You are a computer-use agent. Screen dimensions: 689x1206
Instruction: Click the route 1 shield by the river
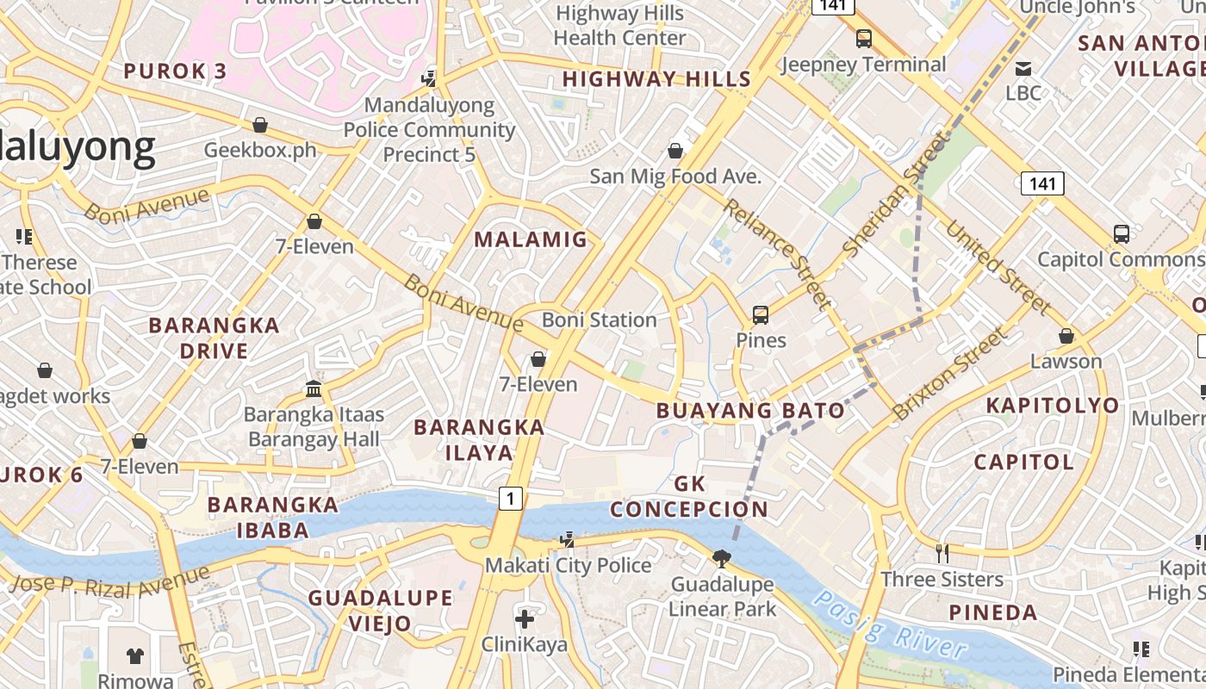511,498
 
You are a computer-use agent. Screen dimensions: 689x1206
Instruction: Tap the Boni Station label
599,320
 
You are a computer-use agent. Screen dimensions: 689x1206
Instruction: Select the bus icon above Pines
760,315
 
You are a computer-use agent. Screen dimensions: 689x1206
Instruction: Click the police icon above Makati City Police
567,540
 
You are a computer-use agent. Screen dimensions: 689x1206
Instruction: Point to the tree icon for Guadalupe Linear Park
722,559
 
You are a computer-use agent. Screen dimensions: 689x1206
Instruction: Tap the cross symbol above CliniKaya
525,618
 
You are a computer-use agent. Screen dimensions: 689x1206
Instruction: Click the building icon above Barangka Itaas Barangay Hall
314,389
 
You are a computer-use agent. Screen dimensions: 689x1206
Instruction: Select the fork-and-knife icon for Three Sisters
942,553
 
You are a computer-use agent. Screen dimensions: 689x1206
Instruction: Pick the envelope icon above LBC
1023,68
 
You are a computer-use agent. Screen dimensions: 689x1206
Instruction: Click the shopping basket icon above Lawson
1066,336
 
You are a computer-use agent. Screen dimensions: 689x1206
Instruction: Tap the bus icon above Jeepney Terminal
863,39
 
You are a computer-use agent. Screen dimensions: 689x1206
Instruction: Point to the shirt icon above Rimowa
135,655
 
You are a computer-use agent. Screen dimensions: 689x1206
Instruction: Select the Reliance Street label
777,253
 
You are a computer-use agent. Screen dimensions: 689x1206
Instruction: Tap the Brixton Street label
948,374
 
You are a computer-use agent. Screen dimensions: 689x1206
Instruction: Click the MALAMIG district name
531,240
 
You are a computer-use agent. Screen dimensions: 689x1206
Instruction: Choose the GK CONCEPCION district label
689,496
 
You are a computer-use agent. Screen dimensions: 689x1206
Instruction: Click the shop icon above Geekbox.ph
259,126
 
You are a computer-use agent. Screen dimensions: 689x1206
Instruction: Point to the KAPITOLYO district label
1053,406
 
